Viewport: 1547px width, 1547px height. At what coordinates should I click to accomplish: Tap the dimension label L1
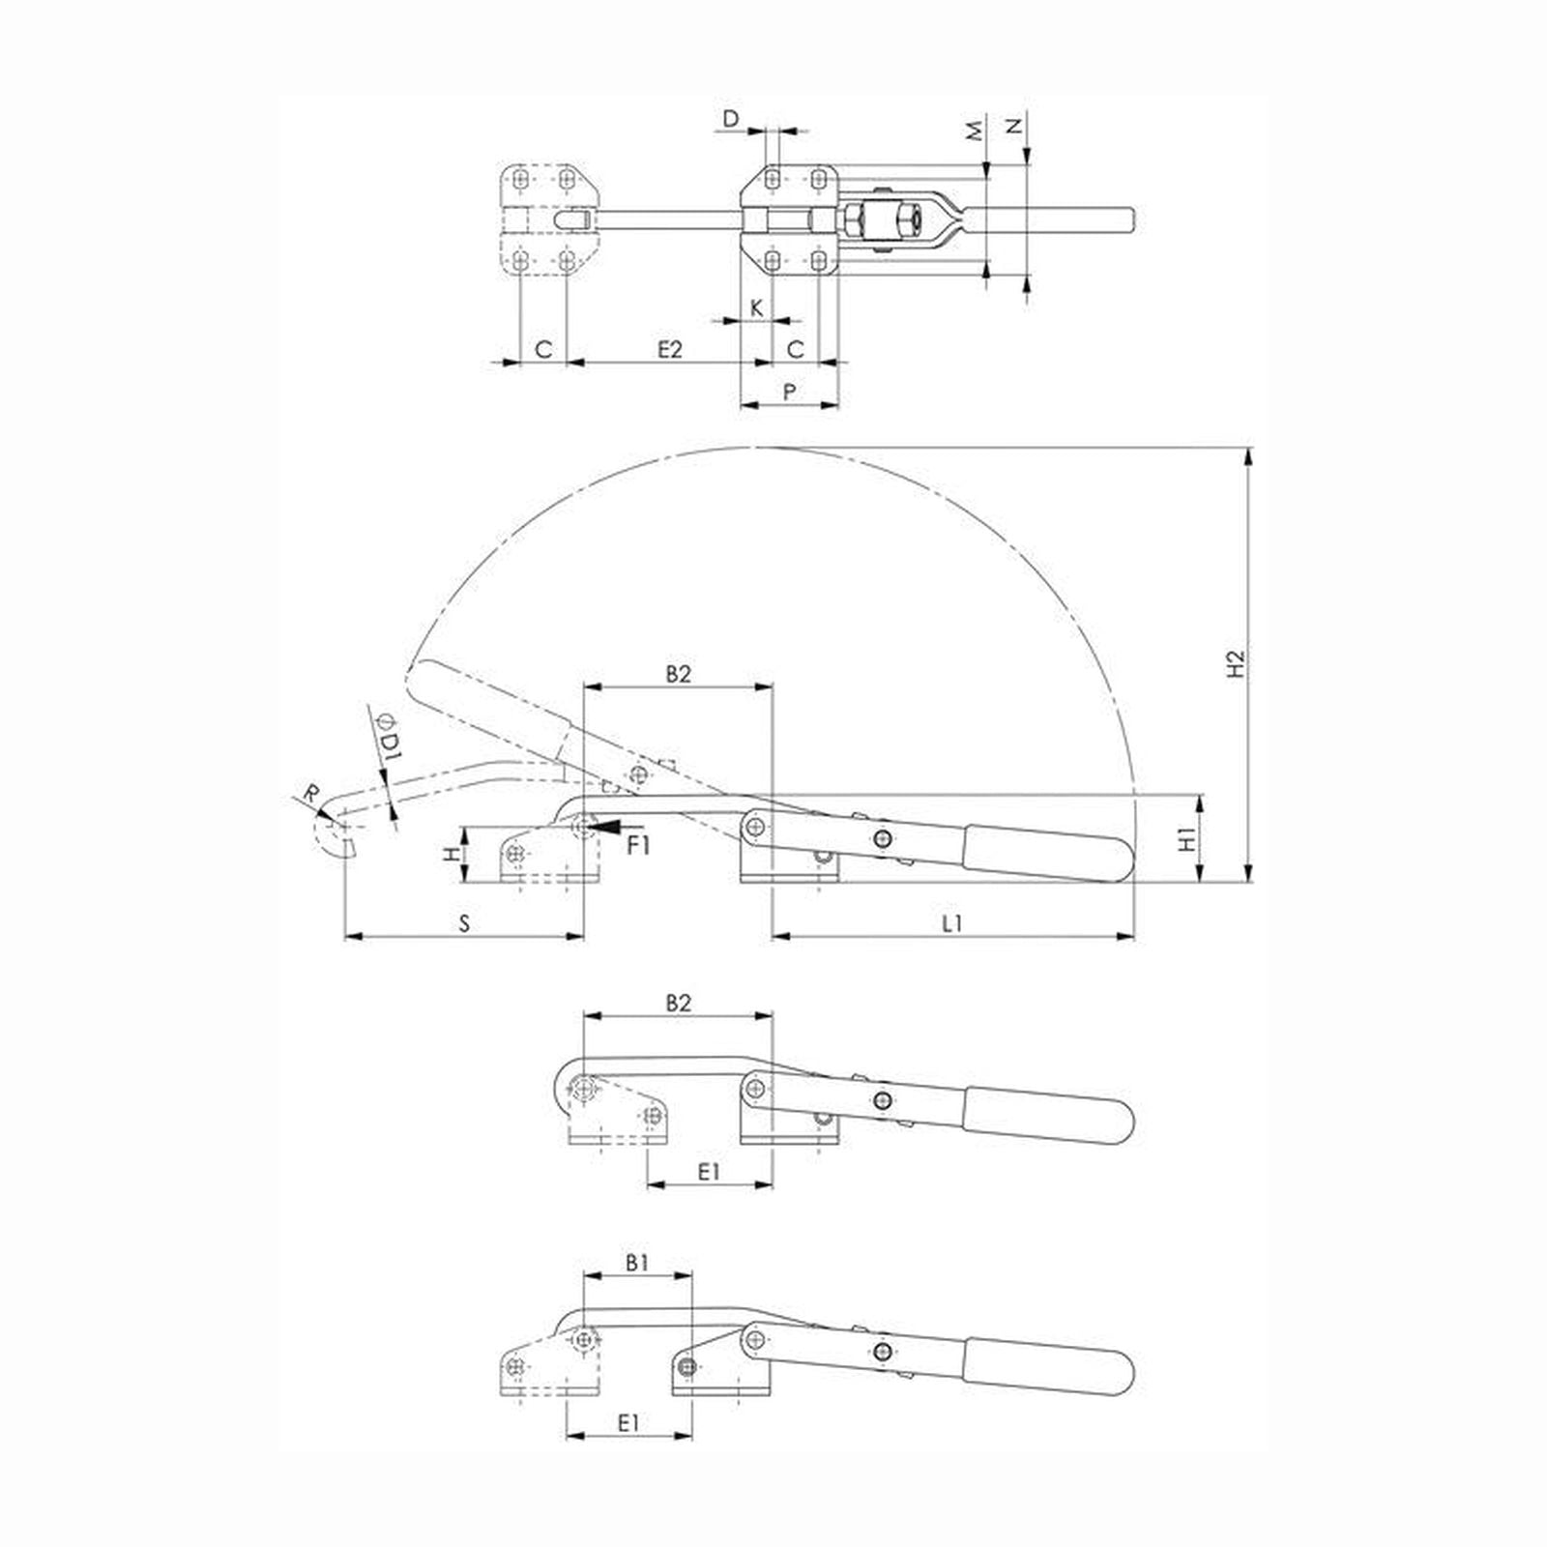coord(952,923)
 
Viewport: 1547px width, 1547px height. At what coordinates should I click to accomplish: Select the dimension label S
coord(464,923)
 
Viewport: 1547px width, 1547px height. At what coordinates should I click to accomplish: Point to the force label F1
coord(639,846)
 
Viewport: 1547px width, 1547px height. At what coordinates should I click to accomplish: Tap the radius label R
coord(309,795)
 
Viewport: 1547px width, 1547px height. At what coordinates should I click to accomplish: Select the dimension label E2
coord(669,349)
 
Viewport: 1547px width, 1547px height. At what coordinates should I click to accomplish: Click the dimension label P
coord(790,393)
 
